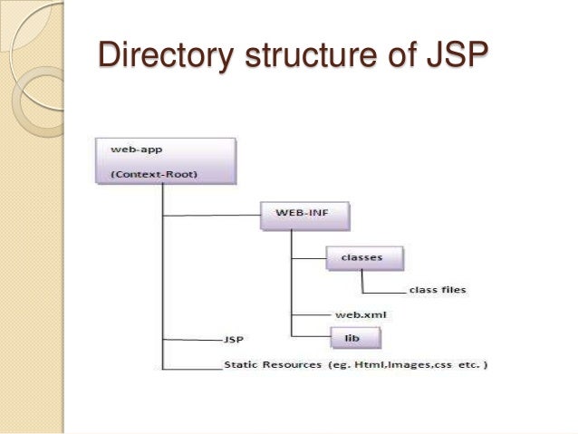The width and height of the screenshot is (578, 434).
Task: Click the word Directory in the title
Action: [166, 56]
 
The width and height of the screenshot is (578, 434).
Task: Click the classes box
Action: [361, 256]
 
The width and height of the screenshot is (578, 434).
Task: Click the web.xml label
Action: [354, 313]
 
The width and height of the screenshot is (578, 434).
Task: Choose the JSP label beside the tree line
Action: [233, 341]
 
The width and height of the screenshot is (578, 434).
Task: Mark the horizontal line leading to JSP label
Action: [190, 340]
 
